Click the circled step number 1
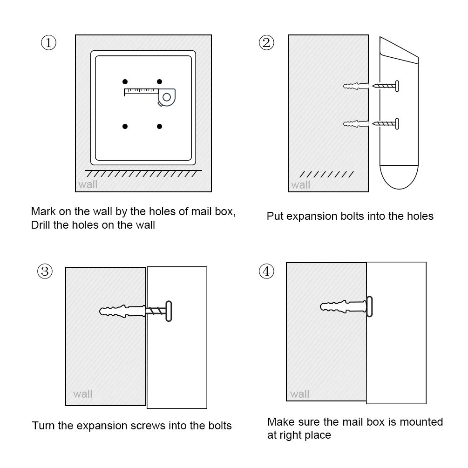49,43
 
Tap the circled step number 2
266,43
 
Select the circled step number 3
45,271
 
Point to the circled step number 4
266,271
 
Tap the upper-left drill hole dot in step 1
125,81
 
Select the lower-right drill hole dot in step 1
159,126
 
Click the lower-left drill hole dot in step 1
125,126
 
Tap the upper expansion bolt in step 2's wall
356,86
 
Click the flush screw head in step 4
369,306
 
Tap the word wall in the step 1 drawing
88,184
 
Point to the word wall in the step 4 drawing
300,394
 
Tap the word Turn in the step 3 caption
42,426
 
